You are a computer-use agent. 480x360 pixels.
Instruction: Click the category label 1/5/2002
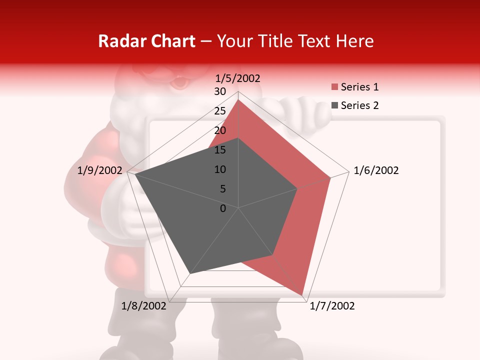[x=238, y=78]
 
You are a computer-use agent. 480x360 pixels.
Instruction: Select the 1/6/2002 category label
[x=376, y=170]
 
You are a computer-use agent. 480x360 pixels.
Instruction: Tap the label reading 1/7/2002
[x=332, y=306]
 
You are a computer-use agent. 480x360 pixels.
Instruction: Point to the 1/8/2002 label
[x=144, y=306]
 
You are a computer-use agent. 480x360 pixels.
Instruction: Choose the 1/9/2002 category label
[x=100, y=170]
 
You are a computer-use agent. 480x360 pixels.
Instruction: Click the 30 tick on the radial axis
[x=220, y=91]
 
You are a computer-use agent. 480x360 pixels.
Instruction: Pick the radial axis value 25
[x=220, y=111]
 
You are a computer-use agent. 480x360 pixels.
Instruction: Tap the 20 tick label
[x=220, y=130]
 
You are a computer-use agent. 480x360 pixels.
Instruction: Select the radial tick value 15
[x=220, y=150]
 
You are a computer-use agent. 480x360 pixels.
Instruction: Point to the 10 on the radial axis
[x=220, y=169]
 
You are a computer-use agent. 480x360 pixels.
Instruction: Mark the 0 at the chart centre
[x=223, y=208]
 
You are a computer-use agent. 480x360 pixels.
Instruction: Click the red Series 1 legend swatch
[x=334, y=87]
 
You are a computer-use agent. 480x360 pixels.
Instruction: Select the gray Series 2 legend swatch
[x=334, y=105]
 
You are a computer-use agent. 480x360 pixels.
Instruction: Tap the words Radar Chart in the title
[x=146, y=41]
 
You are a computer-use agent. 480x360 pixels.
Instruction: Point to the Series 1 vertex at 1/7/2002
[x=302, y=295]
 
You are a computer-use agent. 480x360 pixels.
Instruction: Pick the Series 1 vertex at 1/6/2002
[x=330, y=177]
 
